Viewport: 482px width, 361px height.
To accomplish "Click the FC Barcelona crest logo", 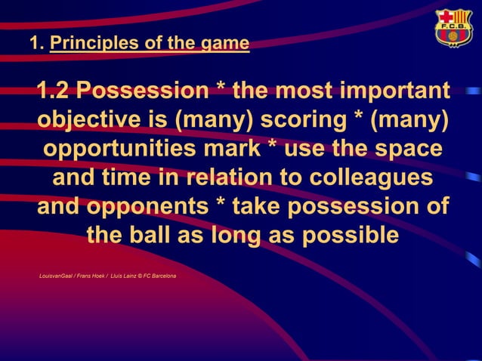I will [x=453, y=29].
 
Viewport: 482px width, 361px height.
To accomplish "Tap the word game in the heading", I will [x=225, y=45].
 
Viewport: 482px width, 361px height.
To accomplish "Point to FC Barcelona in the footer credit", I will [x=159, y=276].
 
